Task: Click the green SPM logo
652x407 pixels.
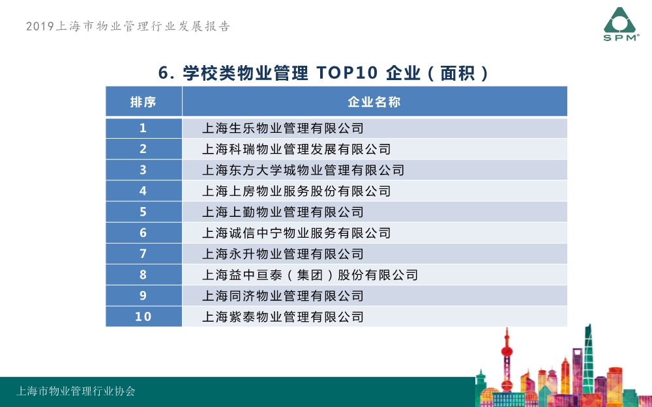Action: coord(621,24)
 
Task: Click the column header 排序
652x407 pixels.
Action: coord(143,102)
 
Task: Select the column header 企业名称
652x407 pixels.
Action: coord(374,102)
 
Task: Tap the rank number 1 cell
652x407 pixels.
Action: coord(143,128)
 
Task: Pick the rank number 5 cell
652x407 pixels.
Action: coord(143,212)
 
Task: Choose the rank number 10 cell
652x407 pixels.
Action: coord(143,316)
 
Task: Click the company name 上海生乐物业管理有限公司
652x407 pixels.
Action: coord(283,128)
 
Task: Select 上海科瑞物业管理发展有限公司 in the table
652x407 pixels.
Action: coord(297,149)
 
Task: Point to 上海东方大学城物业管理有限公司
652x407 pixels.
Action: coord(303,170)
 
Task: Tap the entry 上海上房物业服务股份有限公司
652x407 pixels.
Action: coord(297,191)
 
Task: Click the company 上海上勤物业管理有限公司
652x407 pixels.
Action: coord(283,212)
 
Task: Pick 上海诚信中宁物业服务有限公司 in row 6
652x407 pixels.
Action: coord(297,233)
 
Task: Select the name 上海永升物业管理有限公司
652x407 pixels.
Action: coord(283,254)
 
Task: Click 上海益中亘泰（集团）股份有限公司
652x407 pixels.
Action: coord(310,275)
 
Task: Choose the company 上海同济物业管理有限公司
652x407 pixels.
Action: coord(283,296)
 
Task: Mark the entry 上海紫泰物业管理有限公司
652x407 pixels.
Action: coord(283,317)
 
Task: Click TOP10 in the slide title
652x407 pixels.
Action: coord(347,73)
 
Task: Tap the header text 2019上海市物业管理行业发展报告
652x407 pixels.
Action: coord(128,26)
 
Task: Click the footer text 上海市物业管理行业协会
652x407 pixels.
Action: coord(76,391)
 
